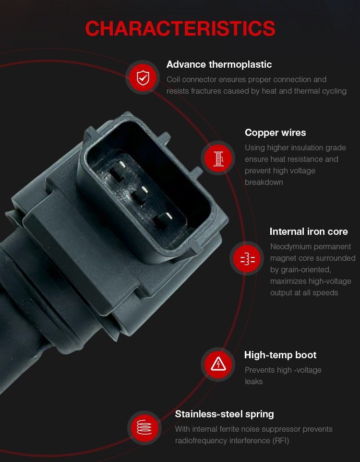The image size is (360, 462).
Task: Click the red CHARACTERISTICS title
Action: coord(180,29)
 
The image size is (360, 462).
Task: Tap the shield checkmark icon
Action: coord(143,77)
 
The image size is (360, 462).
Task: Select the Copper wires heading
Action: coord(275,133)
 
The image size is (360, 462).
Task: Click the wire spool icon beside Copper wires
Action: coord(218,158)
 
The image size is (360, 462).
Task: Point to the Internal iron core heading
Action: coord(309,231)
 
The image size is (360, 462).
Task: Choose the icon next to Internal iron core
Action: coord(247,258)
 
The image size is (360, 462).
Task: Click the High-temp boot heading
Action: coord(280,355)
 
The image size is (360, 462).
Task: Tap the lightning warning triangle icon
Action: coord(218,365)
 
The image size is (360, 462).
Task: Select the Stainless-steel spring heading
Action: coord(225,414)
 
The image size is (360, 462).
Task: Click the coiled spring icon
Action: coord(144,427)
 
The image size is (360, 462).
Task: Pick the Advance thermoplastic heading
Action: coord(219,64)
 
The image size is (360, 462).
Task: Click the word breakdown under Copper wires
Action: coord(264,182)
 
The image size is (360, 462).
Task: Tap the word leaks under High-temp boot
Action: coord(253,381)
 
